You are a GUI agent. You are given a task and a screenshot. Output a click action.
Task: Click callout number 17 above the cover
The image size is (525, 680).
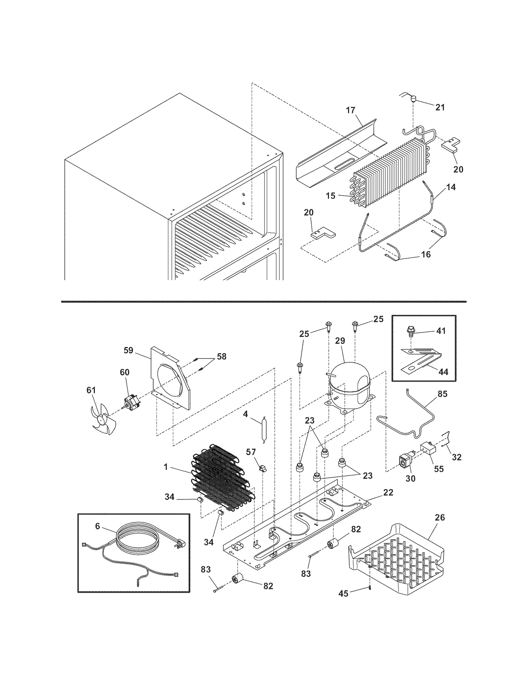(x=350, y=110)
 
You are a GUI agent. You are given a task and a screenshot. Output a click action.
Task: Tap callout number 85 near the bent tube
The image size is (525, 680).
(x=442, y=394)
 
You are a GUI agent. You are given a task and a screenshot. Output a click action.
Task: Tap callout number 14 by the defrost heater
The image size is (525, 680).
(x=451, y=187)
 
